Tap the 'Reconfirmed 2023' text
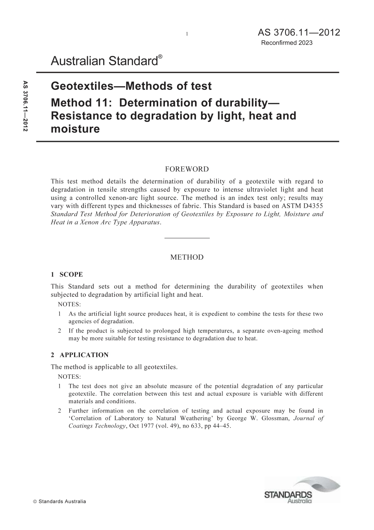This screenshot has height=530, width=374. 287,43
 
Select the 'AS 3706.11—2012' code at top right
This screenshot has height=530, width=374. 299,32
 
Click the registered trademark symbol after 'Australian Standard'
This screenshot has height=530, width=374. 160,57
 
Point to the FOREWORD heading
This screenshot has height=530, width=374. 187,169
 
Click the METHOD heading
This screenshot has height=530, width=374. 187,257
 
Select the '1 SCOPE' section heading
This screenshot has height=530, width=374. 67,274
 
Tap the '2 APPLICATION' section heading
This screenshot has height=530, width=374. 80,355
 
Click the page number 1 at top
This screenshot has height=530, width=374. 187,34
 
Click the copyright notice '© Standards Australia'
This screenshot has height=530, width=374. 59,502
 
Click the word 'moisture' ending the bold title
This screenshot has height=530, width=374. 75,128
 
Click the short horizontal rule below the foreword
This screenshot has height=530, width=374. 187,238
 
